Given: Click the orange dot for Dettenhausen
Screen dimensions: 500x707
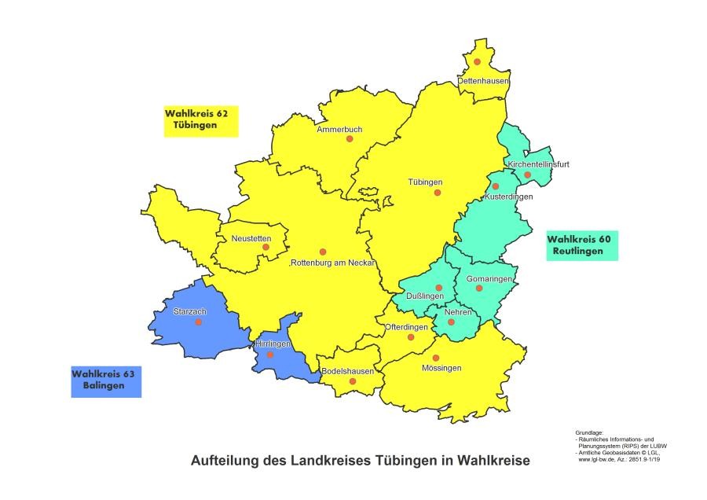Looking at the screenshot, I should (477, 61).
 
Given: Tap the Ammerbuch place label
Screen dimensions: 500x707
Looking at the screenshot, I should (339, 129).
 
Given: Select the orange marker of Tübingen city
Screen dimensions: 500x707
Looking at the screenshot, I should (438, 193).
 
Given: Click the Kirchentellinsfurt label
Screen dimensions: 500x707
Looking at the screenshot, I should (538, 164).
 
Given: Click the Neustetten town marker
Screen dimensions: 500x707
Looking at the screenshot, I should (266, 247).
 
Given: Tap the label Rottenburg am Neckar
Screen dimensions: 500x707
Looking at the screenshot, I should (334, 263).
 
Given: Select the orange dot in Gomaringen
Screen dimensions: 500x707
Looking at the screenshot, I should (478, 288).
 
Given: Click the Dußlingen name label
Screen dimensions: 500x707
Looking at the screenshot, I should (425, 296).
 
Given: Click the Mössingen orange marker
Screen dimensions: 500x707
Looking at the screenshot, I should (436, 358).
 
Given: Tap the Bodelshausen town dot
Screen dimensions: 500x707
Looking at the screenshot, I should (353, 381).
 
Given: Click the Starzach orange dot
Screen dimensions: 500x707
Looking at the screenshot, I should (198, 322).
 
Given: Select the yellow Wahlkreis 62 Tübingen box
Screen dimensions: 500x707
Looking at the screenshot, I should (200, 120).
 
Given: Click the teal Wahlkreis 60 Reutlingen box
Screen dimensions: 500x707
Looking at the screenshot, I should (582, 245).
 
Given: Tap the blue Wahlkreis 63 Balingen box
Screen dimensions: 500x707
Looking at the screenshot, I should (106, 381).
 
